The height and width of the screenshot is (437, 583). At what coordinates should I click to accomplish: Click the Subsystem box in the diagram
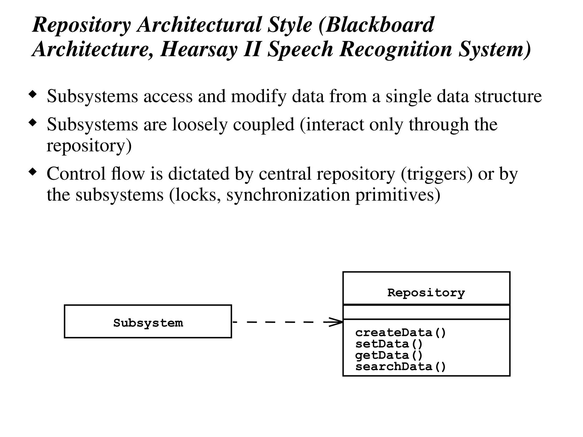(148, 321)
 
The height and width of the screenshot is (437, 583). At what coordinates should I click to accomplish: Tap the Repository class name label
(426, 292)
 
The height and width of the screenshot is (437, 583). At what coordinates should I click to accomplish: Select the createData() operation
(400, 333)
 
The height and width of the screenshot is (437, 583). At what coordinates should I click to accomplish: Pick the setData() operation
(389, 344)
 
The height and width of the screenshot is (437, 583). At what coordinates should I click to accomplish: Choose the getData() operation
(389, 355)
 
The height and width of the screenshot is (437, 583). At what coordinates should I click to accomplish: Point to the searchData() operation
(400, 366)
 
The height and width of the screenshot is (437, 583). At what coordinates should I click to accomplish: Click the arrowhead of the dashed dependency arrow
(336, 322)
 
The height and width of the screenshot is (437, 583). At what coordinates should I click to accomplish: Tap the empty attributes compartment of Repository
(426, 312)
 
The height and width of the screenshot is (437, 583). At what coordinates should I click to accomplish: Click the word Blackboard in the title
(380, 25)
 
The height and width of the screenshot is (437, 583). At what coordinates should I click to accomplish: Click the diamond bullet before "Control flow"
(33, 172)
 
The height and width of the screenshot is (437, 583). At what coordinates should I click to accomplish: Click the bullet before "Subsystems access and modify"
(33, 94)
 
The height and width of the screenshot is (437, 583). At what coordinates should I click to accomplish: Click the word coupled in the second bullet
(264, 125)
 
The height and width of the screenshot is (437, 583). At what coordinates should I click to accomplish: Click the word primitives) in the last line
(398, 195)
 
